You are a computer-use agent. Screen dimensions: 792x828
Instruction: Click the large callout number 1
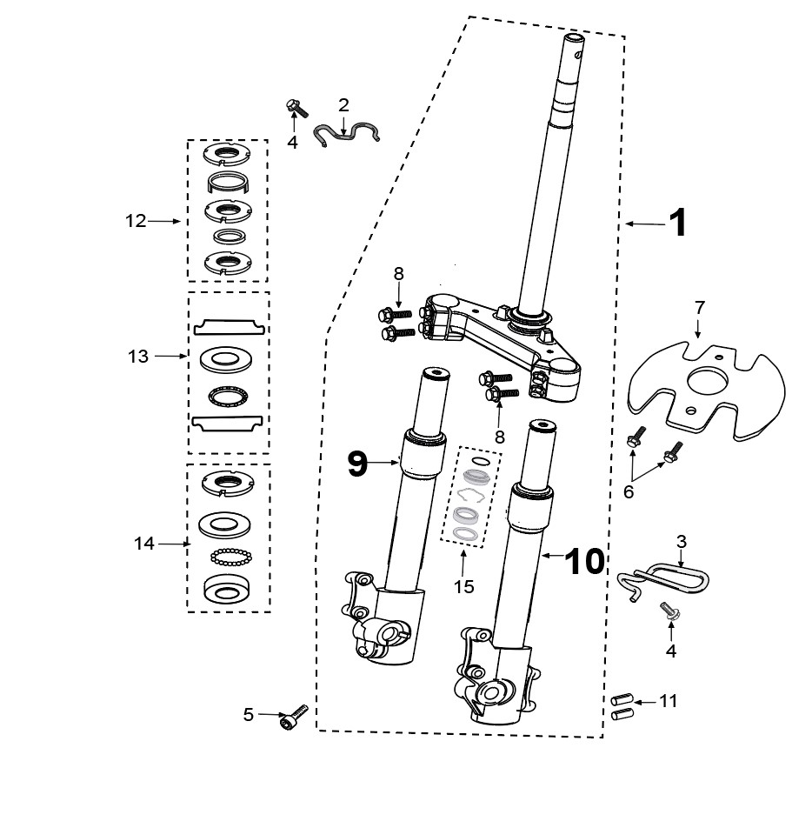(678, 223)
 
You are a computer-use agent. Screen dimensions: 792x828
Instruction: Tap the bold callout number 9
(357, 463)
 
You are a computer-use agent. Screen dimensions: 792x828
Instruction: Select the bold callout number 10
(584, 560)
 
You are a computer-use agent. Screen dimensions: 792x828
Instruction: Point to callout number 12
(135, 221)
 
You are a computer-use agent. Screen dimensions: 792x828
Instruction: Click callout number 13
(138, 357)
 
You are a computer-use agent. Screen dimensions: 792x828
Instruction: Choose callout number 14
(143, 543)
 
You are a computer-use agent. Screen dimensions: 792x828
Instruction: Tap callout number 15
(463, 587)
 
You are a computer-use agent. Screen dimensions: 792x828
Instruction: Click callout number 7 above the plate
(700, 307)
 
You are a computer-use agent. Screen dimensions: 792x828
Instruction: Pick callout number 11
(668, 701)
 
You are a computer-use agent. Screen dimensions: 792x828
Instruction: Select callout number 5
(249, 714)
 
